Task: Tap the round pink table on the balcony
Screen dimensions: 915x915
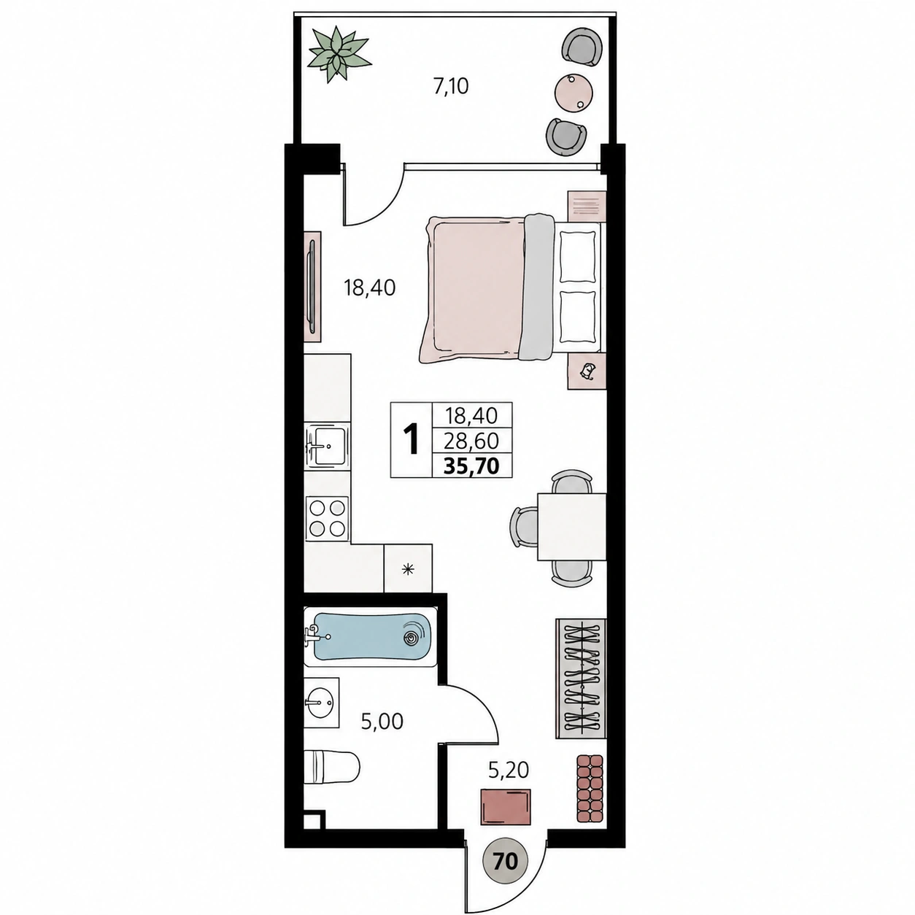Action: [574, 92]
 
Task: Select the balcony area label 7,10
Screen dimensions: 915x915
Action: [451, 86]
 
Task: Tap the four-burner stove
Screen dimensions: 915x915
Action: [327, 519]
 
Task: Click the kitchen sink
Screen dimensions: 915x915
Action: [327, 447]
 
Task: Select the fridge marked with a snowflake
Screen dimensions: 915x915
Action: [408, 568]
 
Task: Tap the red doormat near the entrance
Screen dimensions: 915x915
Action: [505, 819]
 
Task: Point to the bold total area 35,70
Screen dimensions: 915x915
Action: [471, 466]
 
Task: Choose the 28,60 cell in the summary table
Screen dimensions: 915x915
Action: [472, 441]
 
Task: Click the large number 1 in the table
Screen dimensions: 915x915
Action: [411, 440]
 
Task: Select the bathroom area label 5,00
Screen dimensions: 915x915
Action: [382, 735]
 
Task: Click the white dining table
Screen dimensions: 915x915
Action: [572, 527]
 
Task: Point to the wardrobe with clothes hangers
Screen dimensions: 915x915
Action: [581, 685]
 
